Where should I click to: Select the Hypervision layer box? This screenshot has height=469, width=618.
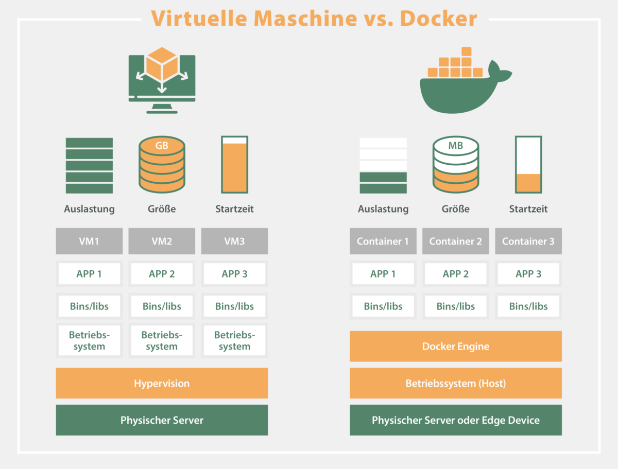[162, 383]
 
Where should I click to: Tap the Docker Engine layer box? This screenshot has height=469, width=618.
[455, 346]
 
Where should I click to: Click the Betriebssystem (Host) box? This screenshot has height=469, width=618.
[455, 383]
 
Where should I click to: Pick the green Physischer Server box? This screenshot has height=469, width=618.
[162, 420]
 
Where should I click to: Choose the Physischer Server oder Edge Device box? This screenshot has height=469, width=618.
[455, 420]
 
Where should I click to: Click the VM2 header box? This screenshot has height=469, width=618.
[162, 241]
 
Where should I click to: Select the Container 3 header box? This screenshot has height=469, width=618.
[528, 241]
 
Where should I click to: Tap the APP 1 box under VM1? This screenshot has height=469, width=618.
[89, 274]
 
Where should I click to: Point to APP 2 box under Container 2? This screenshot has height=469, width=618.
[455, 274]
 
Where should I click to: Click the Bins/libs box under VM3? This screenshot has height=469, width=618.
[234, 306]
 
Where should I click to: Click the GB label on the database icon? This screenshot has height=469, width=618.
[162, 146]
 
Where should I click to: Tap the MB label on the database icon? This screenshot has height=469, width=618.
[455, 146]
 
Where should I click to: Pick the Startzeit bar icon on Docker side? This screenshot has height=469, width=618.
[528, 164]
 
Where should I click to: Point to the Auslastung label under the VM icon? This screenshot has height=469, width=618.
[89, 209]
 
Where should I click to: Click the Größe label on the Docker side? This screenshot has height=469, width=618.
[455, 209]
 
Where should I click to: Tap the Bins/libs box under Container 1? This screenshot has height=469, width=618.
[383, 306]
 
